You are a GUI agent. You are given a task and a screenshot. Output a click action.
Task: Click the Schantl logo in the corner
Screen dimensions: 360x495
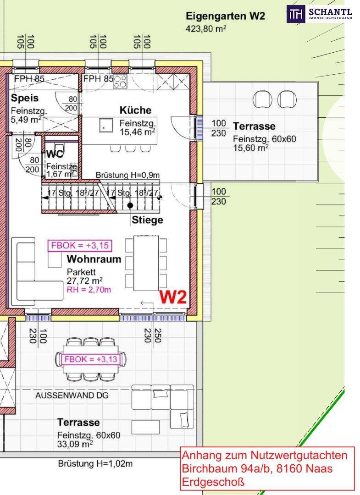(319, 14)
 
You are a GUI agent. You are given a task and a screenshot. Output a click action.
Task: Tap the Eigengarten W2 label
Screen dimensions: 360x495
(226, 16)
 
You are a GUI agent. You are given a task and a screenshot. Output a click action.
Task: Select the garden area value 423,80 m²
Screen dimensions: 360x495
(206, 29)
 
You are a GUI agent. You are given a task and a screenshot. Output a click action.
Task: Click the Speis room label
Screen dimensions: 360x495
(25, 98)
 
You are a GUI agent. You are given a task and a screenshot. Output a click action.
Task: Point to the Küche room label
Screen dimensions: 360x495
(135, 110)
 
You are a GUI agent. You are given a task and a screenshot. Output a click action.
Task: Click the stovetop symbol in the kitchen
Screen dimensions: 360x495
(120, 82)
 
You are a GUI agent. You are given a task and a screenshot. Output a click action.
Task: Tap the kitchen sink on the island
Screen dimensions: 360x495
(106, 125)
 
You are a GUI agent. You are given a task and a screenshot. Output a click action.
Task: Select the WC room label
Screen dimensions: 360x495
(55, 154)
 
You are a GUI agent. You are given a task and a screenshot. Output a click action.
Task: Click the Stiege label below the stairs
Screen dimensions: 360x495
(148, 220)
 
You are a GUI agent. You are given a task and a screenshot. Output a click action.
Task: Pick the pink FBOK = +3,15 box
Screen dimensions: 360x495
(80, 246)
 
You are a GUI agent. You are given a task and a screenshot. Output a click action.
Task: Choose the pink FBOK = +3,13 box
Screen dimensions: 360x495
(91, 359)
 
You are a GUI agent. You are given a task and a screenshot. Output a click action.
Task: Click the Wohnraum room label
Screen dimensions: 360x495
(94, 259)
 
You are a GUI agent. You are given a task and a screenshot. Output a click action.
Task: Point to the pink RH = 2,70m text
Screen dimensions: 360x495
(89, 290)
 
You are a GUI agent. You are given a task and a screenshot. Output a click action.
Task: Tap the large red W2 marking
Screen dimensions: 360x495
(173, 297)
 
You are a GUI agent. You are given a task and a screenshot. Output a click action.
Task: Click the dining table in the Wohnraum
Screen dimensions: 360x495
(146, 263)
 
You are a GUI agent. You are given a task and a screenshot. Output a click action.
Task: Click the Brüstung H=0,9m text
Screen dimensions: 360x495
(127, 175)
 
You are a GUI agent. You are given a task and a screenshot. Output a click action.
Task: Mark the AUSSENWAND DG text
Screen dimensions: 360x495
(72, 395)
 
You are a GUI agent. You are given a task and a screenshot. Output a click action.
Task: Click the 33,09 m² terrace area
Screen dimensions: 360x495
(75, 444)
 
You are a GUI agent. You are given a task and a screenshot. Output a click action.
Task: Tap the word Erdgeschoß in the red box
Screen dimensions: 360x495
(213, 482)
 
